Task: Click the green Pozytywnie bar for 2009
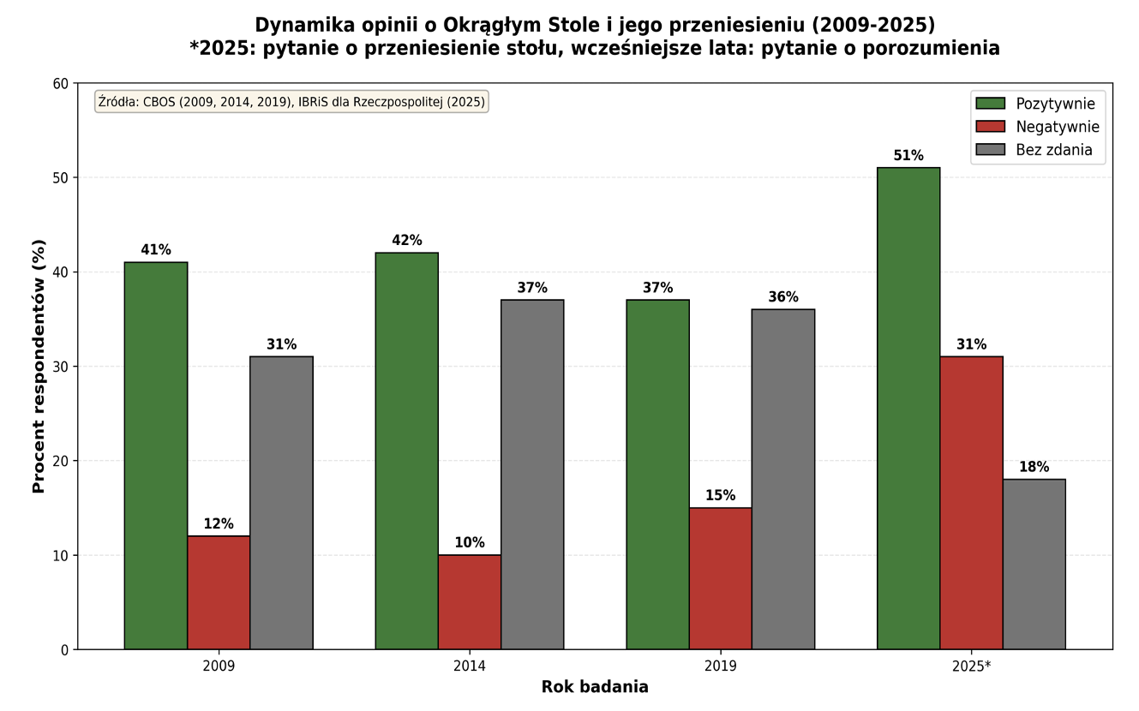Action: coord(156,456)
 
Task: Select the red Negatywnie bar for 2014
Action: coord(470,602)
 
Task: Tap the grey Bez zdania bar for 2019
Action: coord(782,479)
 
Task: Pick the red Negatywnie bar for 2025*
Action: coord(971,503)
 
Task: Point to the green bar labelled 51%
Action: coord(908,409)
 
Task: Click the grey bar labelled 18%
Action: coord(1034,564)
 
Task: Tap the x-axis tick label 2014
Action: coord(470,666)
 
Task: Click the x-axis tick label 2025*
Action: coord(971,666)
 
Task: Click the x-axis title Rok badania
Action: coord(595,687)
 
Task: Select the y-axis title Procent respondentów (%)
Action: coord(39,367)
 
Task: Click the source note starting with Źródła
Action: coord(291,102)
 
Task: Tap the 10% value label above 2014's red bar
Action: coord(470,542)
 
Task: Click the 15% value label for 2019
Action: coord(720,495)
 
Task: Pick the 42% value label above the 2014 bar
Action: coord(407,241)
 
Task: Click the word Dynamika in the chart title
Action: coord(301,25)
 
